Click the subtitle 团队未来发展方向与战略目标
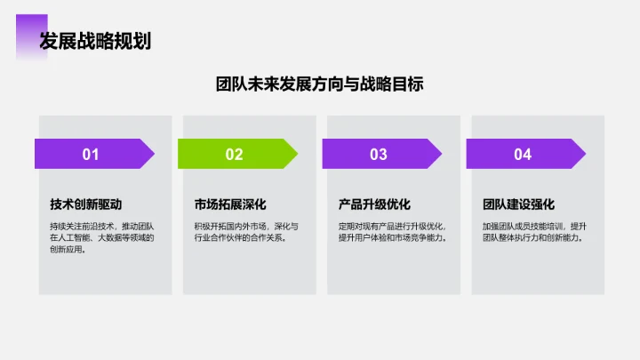(320, 84)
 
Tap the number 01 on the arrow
(91, 155)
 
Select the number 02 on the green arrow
(234, 155)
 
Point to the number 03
(379, 155)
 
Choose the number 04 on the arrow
(523, 155)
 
